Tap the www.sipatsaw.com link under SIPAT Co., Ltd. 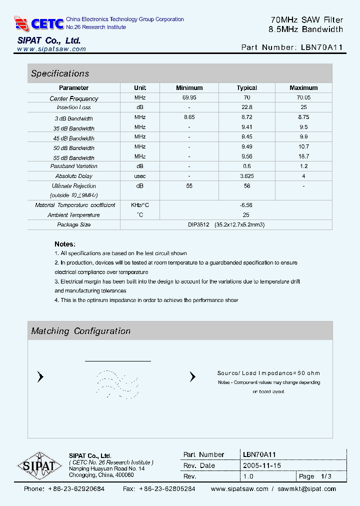pos(51,49)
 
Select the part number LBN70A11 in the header pos(322,47)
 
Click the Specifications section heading pos(60,73)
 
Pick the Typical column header pos(246,88)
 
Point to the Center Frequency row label pos(74,98)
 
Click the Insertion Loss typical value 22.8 pos(246,107)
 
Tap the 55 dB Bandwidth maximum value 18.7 pos(303,156)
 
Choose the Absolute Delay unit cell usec pos(140,176)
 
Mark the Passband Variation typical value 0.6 pos(246,166)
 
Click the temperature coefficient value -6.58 pos(246,205)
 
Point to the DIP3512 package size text pos(198,225)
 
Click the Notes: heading pos(65,244)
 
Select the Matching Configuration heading pos(80,331)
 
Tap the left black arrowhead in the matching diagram pos(40,377)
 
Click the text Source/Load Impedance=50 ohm pos(268,373)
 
